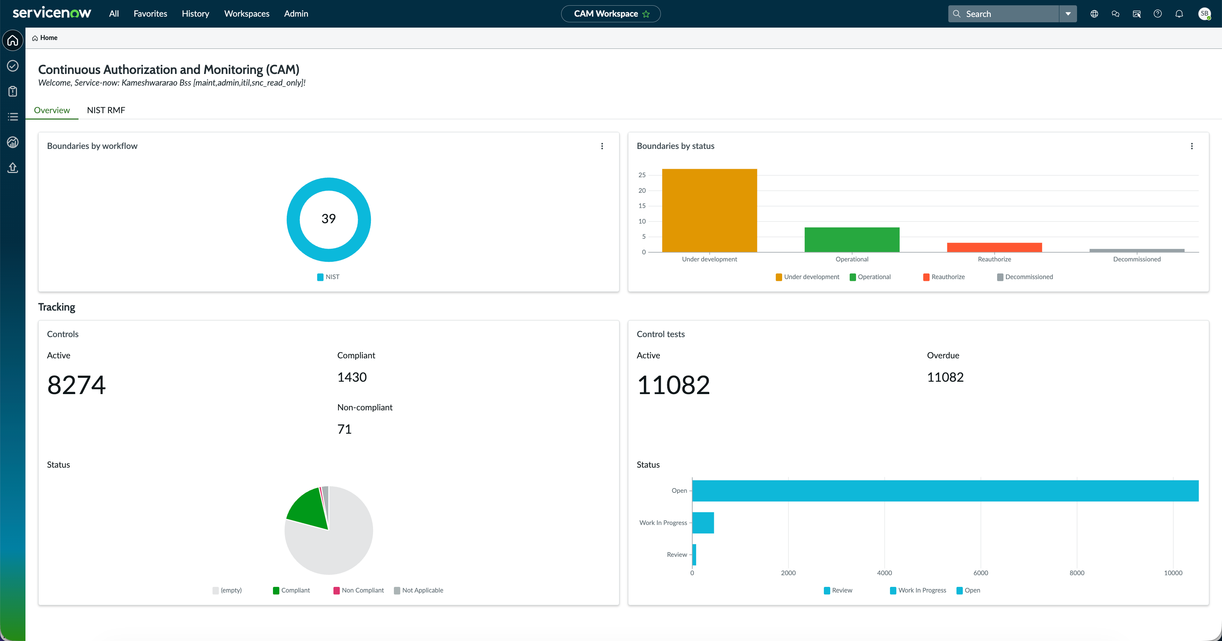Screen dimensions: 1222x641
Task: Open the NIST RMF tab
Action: (x=106, y=110)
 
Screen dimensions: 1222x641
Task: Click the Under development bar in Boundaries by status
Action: (x=709, y=210)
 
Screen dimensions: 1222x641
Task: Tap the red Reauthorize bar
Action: (x=994, y=247)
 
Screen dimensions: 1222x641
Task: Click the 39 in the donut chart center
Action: (x=328, y=219)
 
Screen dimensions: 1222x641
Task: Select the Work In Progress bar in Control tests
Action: (x=703, y=523)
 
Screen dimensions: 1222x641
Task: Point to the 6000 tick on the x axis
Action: (x=980, y=573)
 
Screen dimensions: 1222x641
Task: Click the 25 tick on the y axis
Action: (x=642, y=175)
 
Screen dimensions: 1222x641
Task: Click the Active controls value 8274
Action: (x=76, y=385)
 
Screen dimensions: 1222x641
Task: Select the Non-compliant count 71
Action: (x=344, y=429)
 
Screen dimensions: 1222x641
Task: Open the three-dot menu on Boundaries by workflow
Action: (x=602, y=146)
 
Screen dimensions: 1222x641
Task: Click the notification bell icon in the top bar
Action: (x=1179, y=14)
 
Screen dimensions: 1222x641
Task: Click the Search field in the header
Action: (x=1004, y=14)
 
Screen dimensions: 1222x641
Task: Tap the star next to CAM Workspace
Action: (x=646, y=14)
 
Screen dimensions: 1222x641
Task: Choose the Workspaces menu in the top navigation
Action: (x=247, y=14)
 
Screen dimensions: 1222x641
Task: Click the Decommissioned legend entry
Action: (x=1025, y=277)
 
